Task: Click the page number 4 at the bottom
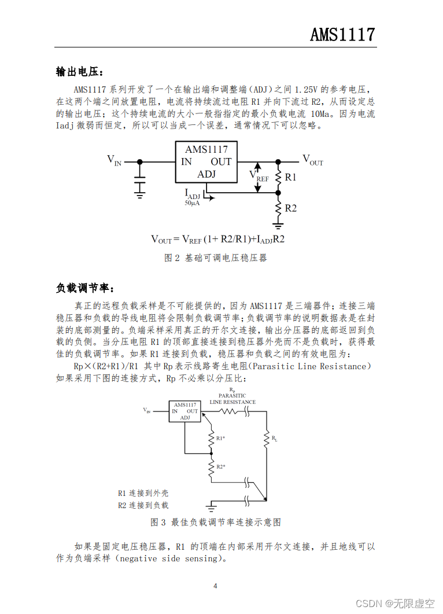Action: [x=215, y=586]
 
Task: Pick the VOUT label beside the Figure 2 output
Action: [x=313, y=160]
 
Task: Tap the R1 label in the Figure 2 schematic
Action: [x=290, y=177]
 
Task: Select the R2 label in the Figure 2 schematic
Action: [x=290, y=208]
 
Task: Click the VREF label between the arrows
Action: [x=259, y=175]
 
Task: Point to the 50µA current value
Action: [x=192, y=204]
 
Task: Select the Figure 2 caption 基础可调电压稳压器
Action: [x=216, y=258]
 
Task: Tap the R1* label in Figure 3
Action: [x=220, y=438]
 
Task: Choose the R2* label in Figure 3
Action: [x=220, y=466]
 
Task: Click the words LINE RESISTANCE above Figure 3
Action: [x=232, y=402]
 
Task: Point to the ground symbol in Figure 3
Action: [x=212, y=508]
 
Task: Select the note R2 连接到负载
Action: [x=143, y=505]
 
